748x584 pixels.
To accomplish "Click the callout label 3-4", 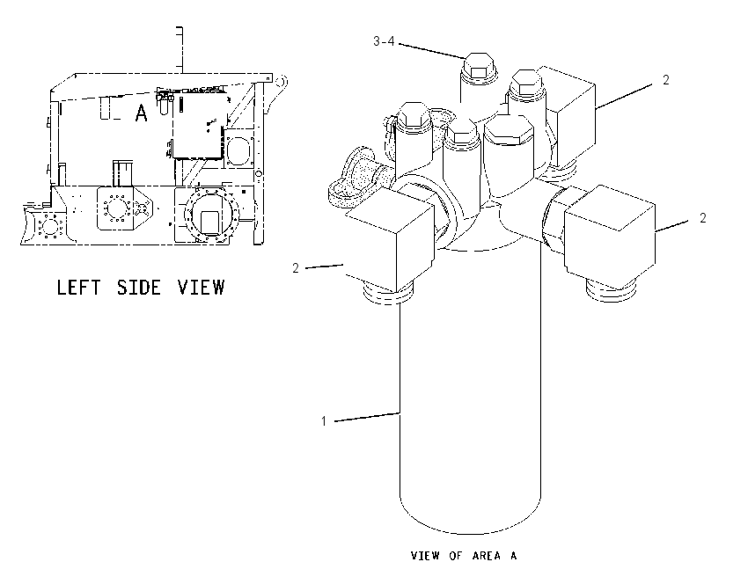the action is click(x=384, y=41).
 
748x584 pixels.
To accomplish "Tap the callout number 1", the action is click(x=324, y=421).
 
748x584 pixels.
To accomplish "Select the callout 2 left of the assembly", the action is click(x=296, y=268).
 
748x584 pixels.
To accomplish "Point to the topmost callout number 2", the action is click(x=666, y=80).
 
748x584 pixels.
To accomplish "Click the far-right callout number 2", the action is click(x=703, y=218).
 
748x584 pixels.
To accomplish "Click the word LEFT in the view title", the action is click(x=78, y=288).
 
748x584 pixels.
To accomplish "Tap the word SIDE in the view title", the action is click(x=139, y=288).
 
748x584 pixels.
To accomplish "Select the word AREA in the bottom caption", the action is click(x=487, y=556).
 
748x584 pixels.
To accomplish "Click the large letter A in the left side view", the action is click(x=141, y=113).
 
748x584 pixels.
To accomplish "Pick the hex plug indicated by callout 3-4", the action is click(x=480, y=66).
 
